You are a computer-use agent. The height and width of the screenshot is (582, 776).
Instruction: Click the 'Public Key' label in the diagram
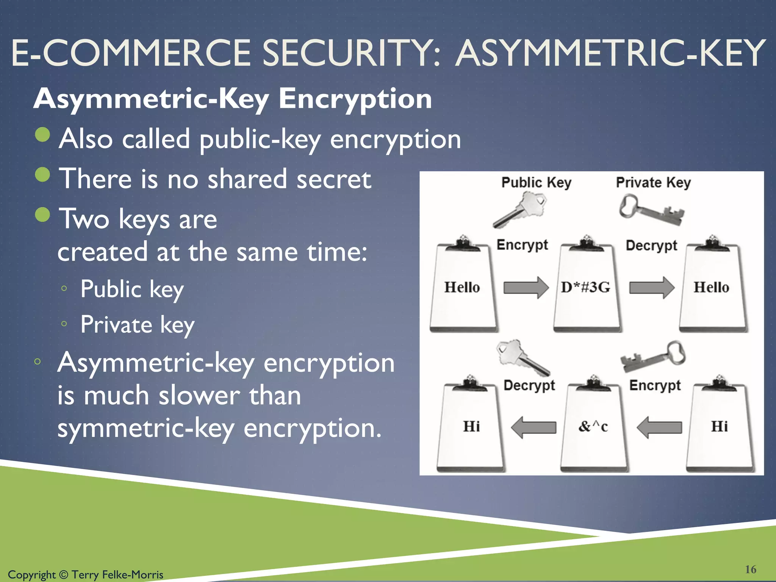coord(536,183)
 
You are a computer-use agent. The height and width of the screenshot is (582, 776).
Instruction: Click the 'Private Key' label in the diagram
coord(653,183)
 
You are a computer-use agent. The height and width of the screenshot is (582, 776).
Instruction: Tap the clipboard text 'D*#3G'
coord(585,287)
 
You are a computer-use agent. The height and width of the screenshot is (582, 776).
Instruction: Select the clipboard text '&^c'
coord(593,427)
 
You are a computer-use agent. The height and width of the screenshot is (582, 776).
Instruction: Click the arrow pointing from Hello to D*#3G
coord(526,288)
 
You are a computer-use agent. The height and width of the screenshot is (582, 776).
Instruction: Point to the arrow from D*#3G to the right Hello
coord(651,288)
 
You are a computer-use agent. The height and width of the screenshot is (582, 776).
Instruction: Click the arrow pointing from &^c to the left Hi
coord(533,427)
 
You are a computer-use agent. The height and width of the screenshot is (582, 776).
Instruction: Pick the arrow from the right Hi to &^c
coord(659,427)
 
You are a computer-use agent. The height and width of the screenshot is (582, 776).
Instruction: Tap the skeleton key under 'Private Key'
coord(651,210)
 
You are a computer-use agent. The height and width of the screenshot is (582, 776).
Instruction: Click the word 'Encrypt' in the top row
coord(522,245)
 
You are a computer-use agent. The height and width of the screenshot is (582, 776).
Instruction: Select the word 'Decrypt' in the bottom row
coord(529,385)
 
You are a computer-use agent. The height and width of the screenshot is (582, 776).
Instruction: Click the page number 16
coord(750,569)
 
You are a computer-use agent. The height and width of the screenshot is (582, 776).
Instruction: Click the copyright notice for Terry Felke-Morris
coord(86,574)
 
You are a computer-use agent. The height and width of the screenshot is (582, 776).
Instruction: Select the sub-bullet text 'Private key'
coord(137,325)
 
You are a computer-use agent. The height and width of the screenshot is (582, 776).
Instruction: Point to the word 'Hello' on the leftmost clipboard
coord(462,287)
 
